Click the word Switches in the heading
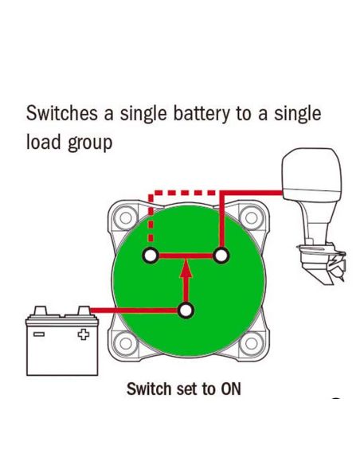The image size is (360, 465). [62, 113]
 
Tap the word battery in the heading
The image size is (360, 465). [202, 115]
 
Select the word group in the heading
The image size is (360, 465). [90, 143]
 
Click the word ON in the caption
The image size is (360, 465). [231, 389]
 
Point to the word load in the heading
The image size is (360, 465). [44, 141]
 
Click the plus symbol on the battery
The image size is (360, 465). [84, 334]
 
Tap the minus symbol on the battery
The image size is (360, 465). [39, 334]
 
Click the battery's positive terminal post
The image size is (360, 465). [84, 311]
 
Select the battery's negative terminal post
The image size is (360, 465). [40, 311]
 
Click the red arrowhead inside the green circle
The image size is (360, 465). [186, 268]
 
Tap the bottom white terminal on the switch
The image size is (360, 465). [186, 311]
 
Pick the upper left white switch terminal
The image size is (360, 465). [151, 256]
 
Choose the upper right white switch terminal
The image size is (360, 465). [221, 256]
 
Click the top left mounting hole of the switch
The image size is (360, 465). [125, 218]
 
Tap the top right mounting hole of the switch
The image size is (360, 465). [252, 218]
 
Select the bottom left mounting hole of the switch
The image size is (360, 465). [125, 344]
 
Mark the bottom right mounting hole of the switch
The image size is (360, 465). [252, 344]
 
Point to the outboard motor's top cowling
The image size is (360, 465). [311, 174]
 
